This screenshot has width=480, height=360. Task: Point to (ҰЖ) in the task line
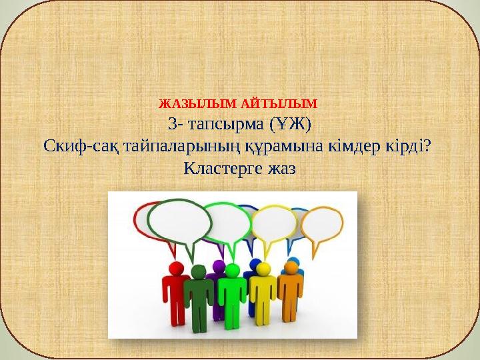291,124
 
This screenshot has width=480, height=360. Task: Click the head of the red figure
178,267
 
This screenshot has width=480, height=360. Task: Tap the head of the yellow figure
263,269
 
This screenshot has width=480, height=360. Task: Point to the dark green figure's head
198,271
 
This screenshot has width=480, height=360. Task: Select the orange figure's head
291,267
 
